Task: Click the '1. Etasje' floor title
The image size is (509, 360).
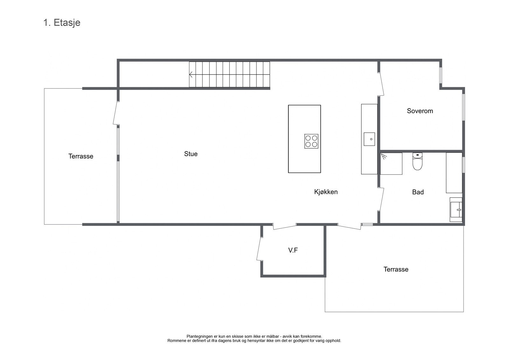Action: pos(62,23)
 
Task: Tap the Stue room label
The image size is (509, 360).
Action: pos(191,154)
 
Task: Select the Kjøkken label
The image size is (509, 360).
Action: pos(326,192)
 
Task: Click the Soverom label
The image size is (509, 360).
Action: pos(420,111)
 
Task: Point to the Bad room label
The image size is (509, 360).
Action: pos(418,192)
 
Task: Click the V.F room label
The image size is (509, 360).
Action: pos(293,250)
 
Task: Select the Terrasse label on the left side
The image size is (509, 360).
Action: pos(81,156)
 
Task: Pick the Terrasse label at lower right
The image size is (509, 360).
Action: pos(396,269)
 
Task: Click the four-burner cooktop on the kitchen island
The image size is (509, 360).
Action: pos(311,141)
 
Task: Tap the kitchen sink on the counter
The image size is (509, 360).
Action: pos(369,139)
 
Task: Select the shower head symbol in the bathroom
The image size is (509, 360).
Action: pos(384,156)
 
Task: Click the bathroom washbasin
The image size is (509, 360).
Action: pos(456,209)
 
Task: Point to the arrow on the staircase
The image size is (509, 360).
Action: pos(191,74)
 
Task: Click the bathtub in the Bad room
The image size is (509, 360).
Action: pos(454,173)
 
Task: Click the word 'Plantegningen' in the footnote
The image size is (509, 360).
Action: pos(199,336)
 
